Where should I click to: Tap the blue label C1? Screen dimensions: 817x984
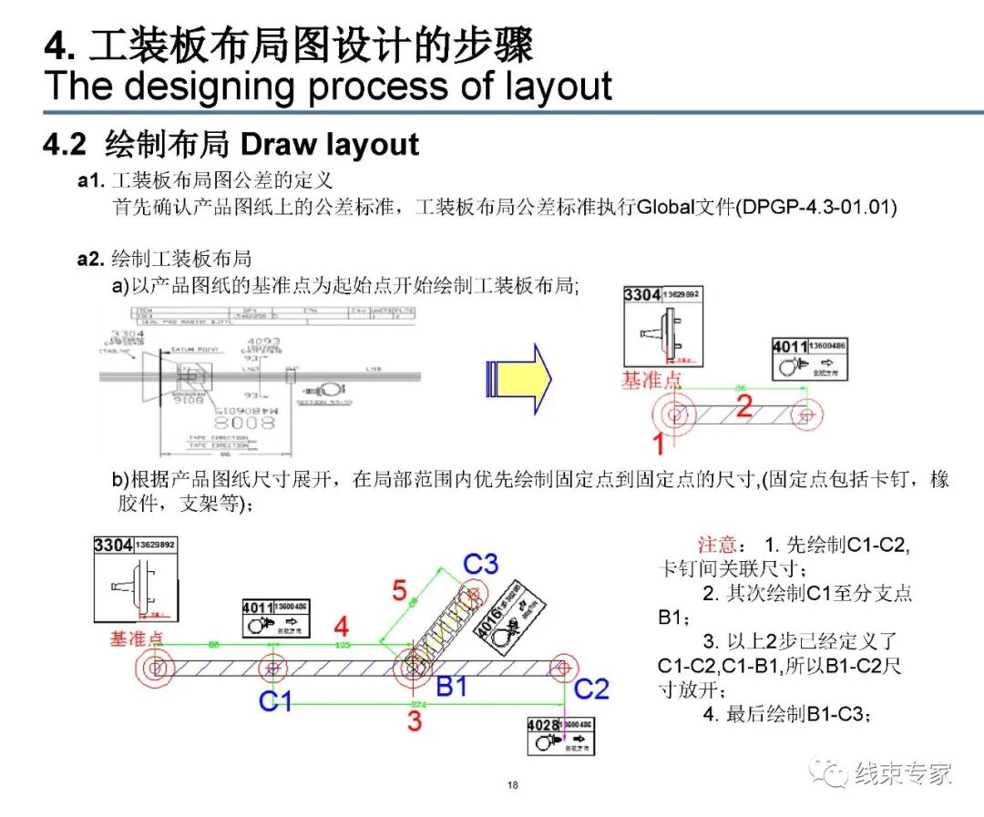coord(276,701)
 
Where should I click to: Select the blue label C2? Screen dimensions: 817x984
coord(590,689)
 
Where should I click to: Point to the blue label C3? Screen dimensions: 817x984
coord(480,564)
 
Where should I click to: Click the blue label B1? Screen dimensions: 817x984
coord(451,686)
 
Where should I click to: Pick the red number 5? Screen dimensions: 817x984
coord(400,591)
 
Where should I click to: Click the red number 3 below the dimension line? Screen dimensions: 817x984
coord(415,722)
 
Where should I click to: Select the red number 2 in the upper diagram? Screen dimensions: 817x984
coord(744,406)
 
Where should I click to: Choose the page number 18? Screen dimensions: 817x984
coord(513,786)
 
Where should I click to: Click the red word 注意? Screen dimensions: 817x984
coord(717,545)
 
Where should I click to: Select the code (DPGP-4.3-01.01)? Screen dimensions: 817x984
coord(819,208)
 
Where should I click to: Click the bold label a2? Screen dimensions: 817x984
coord(91,259)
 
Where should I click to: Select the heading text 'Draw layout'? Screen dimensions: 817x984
coord(329,144)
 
